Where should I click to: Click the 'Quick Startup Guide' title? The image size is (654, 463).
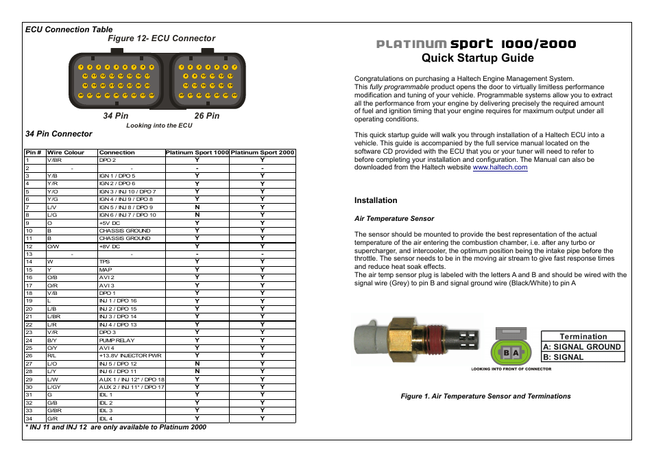tap(477, 58)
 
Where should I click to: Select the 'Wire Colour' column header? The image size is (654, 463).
tap(66, 152)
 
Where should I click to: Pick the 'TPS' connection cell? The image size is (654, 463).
tap(104, 261)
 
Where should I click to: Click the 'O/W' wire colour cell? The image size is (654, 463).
tap(53, 246)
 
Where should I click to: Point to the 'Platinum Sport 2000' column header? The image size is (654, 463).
tap(263, 152)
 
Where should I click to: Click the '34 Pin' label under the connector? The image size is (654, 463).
tap(116, 116)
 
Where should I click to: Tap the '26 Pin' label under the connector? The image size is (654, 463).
tap(207, 116)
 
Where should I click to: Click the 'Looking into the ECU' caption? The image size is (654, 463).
tap(159, 126)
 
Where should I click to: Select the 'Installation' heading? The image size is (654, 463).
tap(376, 200)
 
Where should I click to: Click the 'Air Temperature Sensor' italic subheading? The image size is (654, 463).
tap(393, 219)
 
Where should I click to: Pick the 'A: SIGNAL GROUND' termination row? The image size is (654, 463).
tap(582, 346)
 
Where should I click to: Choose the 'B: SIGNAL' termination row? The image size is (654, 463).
tap(564, 357)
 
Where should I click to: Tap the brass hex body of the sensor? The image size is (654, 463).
tap(410, 340)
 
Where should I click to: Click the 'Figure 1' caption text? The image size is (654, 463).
tap(485, 396)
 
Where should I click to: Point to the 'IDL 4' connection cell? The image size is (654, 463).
tap(106, 418)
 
